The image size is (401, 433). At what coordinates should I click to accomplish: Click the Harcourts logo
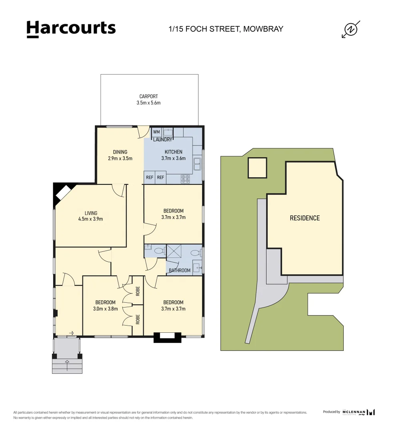(x=71, y=29)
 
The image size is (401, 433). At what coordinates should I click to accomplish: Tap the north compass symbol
(x=351, y=29)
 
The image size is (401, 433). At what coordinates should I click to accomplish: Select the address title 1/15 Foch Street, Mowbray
(x=226, y=29)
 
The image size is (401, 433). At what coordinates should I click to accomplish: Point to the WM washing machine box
(x=156, y=132)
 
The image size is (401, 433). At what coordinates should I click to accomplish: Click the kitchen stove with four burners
(x=186, y=178)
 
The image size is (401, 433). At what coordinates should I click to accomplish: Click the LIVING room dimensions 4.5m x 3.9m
(x=90, y=219)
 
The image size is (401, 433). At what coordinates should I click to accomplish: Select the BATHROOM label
(x=179, y=270)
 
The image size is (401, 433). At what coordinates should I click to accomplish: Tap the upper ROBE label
(x=138, y=291)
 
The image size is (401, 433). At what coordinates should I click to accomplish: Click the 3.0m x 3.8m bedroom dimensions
(x=105, y=309)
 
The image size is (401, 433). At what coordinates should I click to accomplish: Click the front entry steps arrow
(x=67, y=364)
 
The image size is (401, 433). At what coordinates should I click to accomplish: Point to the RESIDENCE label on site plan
(x=305, y=218)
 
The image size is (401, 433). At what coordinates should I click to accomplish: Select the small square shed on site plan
(x=257, y=168)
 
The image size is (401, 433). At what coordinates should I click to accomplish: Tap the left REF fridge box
(x=149, y=177)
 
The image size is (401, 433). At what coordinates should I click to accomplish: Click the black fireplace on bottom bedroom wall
(x=167, y=337)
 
